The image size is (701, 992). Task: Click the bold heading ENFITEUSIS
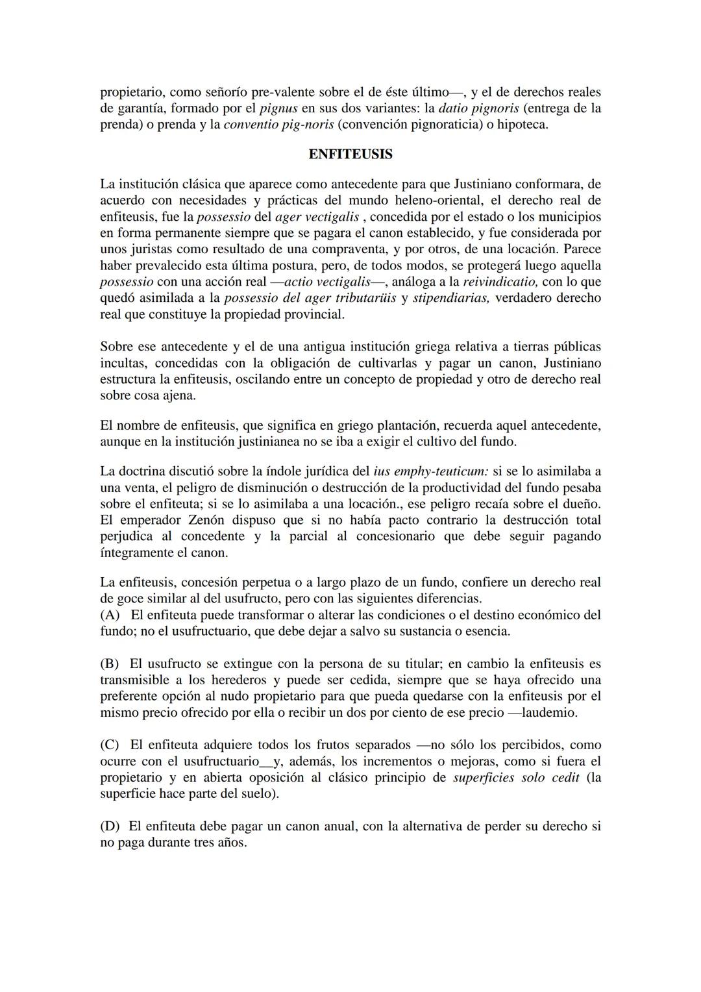click(x=350, y=155)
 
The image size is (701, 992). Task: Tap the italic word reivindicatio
click(x=500, y=281)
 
